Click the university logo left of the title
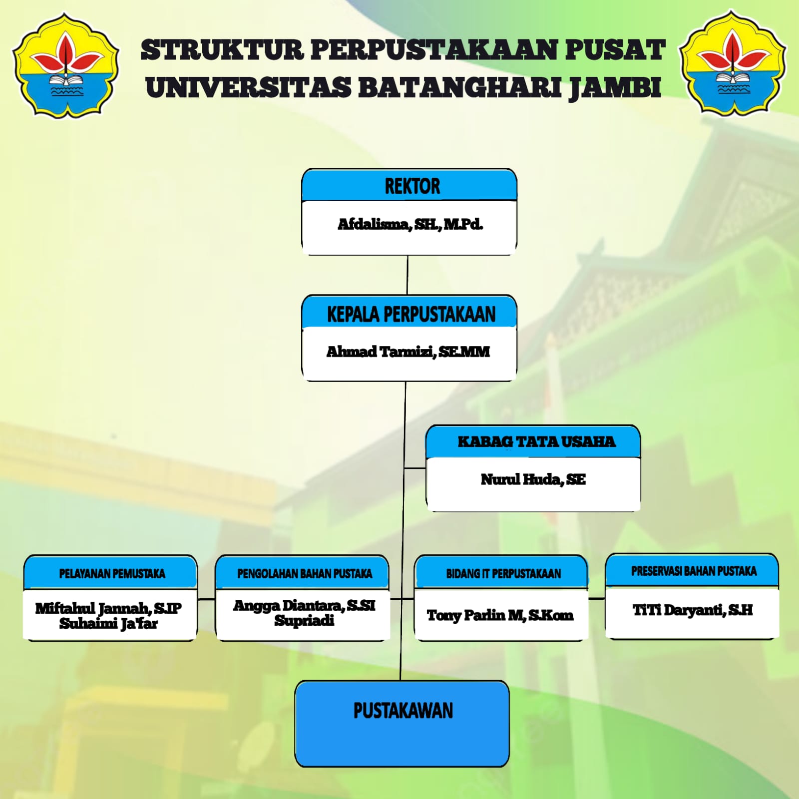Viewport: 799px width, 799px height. [66, 65]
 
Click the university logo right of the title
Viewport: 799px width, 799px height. [733, 62]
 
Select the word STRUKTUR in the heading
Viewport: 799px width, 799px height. [222, 50]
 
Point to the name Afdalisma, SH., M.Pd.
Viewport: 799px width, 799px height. [410, 224]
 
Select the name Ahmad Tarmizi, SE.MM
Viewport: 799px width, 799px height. [408, 352]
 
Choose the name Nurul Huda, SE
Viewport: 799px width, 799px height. [533, 479]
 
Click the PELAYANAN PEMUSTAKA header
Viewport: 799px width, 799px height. [112, 574]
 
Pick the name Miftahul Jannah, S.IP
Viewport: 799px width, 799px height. [108, 608]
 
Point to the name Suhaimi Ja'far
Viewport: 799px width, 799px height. [108, 624]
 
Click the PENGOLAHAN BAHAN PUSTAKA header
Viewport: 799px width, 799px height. [305, 574]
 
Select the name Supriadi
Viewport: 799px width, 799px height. [304, 621]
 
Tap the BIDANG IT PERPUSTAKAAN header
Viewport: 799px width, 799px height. [503, 574]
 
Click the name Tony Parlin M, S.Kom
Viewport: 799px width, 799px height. [500, 615]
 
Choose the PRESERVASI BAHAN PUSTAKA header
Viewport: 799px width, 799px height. [694, 571]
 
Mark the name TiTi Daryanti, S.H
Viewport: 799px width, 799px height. [693, 610]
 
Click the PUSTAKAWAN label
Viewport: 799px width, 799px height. [403, 711]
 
